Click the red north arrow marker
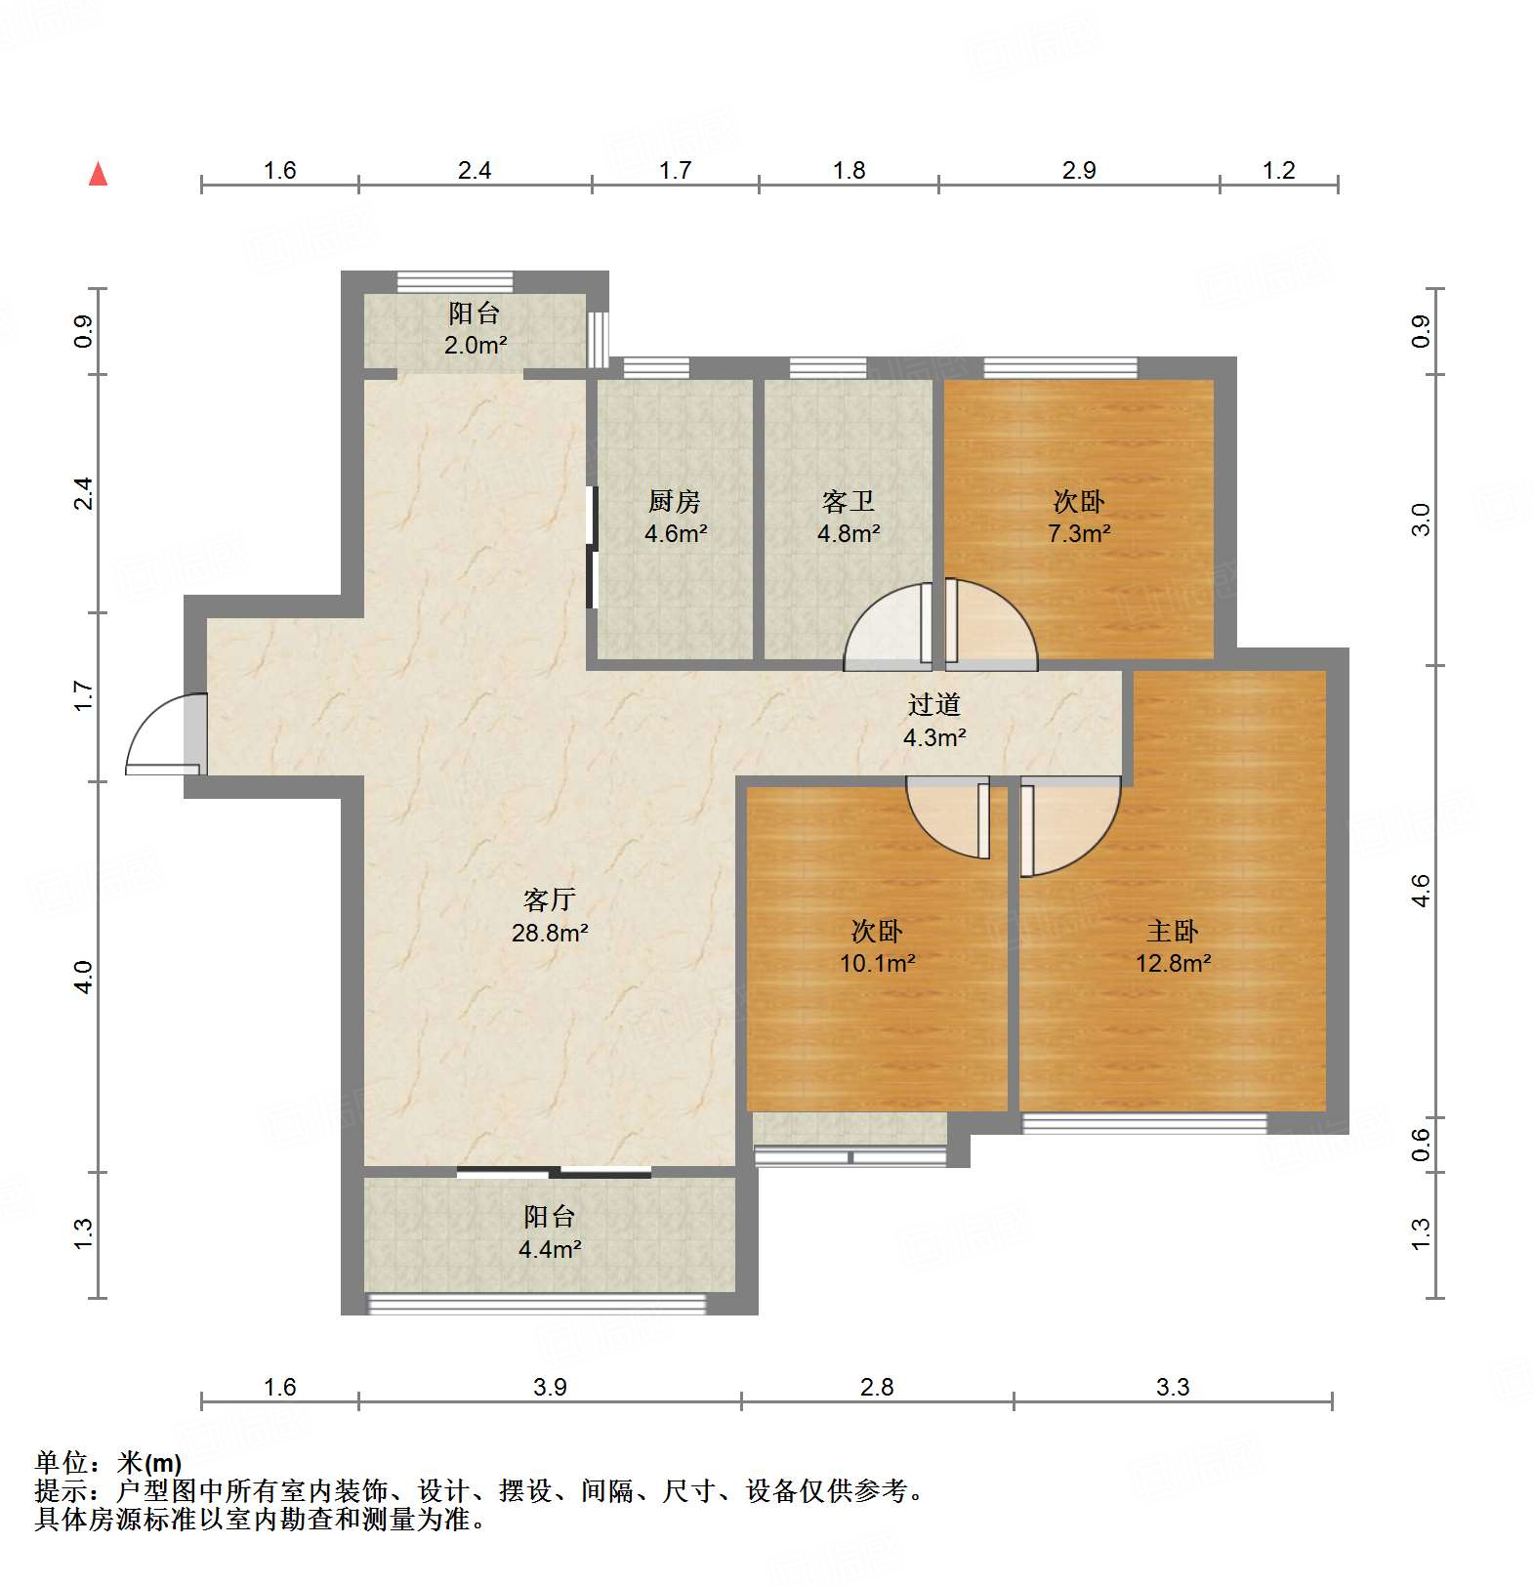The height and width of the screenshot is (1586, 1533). pyautogui.click(x=98, y=175)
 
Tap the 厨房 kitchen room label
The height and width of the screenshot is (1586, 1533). pyautogui.click(x=675, y=502)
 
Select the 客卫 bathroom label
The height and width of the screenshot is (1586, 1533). pyautogui.click(x=848, y=502)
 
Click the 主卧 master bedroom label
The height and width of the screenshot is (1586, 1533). pyautogui.click(x=1172, y=932)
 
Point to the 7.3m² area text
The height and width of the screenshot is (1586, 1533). pyautogui.click(x=1079, y=534)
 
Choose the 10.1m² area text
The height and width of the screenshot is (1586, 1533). pyautogui.click(x=877, y=964)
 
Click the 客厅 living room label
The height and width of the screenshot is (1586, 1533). pyautogui.click(x=549, y=899)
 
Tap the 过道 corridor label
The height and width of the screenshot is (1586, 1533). pyautogui.click(x=934, y=705)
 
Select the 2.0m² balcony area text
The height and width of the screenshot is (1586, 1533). pyautogui.click(x=476, y=346)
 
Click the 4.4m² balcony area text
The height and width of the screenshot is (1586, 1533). pyautogui.click(x=550, y=1250)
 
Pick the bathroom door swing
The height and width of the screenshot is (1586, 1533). pyautogui.click(x=884, y=628)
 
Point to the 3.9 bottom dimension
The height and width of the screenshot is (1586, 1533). pyautogui.click(x=550, y=1388)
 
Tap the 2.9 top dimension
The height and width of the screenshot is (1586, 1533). pyautogui.click(x=1079, y=171)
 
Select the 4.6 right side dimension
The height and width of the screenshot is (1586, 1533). pyautogui.click(x=1421, y=891)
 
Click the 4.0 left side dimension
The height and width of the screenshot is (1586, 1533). pyautogui.click(x=84, y=977)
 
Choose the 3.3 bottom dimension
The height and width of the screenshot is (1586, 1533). pyautogui.click(x=1172, y=1388)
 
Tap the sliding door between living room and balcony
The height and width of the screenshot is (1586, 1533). pyautogui.click(x=555, y=1172)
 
